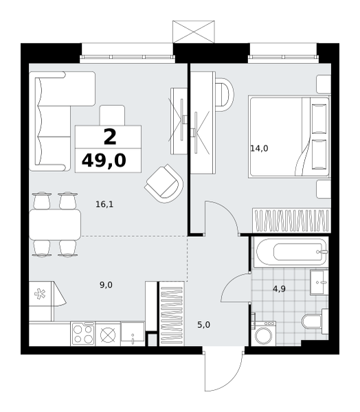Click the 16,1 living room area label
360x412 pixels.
pyautogui.click(x=104, y=204)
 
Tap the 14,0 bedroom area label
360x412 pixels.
pyautogui.click(x=259, y=149)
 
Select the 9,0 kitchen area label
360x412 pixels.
pyautogui.click(x=106, y=285)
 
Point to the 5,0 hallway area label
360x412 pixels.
pyautogui.click(x=204, y=325)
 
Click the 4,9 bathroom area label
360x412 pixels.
pyautogui.click(x=279, y=289)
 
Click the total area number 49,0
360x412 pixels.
pyautogui.click(x=104, y=161)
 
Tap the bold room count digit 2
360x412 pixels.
pyautogui.click(x=110, y=137)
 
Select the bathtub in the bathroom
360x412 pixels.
pyautogui.click(x=291, y=252)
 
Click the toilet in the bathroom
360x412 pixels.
pyautogui.click(x=315, y=321)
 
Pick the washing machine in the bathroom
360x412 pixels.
pyautogui.click(x=263, y=333)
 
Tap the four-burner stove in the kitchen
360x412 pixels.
pyautogui.click(x=83, y=334)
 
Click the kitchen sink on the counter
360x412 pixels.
pyautogui.click(x=133, y=334)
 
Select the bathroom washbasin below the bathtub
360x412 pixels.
pyautogui.click(x=319, y=282)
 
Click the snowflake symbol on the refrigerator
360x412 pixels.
pyautogui.click(x=40, y=294)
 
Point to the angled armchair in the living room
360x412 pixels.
pyautogui.click(x=164, y=183)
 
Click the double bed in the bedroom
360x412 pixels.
pyautogui.click(x=289, y=137)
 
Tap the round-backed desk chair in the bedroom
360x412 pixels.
pyautogui.click(x=224, y=95)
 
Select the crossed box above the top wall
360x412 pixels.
pyautogui.click(x=194, y=32)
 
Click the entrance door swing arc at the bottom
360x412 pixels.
pyautogui.click(x=231, y=378)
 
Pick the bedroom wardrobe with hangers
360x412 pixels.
pyautogui.click(x=291, y=220)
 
